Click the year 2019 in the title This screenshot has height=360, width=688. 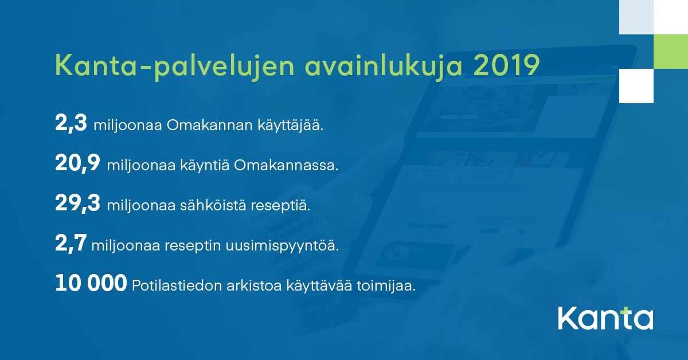coord(506,65)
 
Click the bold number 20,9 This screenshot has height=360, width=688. coord(78,163)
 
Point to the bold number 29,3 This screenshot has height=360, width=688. coord(78,203)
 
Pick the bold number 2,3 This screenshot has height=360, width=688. coord(71,123)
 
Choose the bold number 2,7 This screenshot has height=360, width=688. coord(71,243)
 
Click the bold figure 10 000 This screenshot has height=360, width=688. coord(91,283)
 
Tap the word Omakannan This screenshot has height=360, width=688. coord(210,126)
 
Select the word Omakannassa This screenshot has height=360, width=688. coord(286,165)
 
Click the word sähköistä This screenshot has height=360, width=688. coord(213,205)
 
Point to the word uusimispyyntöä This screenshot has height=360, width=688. coord(282,246)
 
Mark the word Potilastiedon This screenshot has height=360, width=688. coord(177,285)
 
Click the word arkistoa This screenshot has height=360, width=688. coord(254,285)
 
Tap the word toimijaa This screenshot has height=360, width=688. coord(386,285)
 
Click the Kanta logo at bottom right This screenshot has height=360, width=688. coord(605,318)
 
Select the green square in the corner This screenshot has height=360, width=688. coord(671,52)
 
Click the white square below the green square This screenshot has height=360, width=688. coord(636,86)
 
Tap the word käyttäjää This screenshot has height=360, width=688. coord(291,126)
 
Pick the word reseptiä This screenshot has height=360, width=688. coord(280,206)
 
